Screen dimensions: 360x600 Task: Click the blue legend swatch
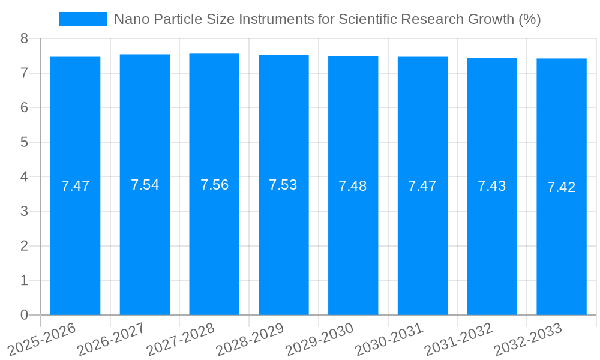coord(82,19)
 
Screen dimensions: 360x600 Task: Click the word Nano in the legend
coord(130,19)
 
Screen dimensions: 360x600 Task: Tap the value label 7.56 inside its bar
coord(214,185)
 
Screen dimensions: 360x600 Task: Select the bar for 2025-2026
coord(75,186)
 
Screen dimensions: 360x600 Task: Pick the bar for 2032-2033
coord(562,187)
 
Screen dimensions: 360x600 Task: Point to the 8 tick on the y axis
coord(24,38)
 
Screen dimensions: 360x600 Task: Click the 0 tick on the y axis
coord(24,315)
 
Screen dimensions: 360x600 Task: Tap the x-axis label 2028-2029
coord(250,340)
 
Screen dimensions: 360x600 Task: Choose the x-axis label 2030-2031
coord(389,340)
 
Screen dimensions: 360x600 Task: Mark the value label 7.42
coord(562,187)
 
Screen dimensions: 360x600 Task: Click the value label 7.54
coord(145,185)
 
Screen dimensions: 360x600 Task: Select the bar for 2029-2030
coord(353,186)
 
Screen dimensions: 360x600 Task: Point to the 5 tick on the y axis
coord(24,142)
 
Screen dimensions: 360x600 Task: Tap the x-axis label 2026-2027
coord(111,340)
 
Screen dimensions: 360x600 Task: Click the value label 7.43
coord(492,186)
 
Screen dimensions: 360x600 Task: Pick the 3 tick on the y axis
coord(24,211)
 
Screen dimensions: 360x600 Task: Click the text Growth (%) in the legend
coord(508,19)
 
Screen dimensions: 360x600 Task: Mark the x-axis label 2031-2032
coord(458,340)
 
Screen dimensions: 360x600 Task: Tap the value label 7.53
coord(283,185)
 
